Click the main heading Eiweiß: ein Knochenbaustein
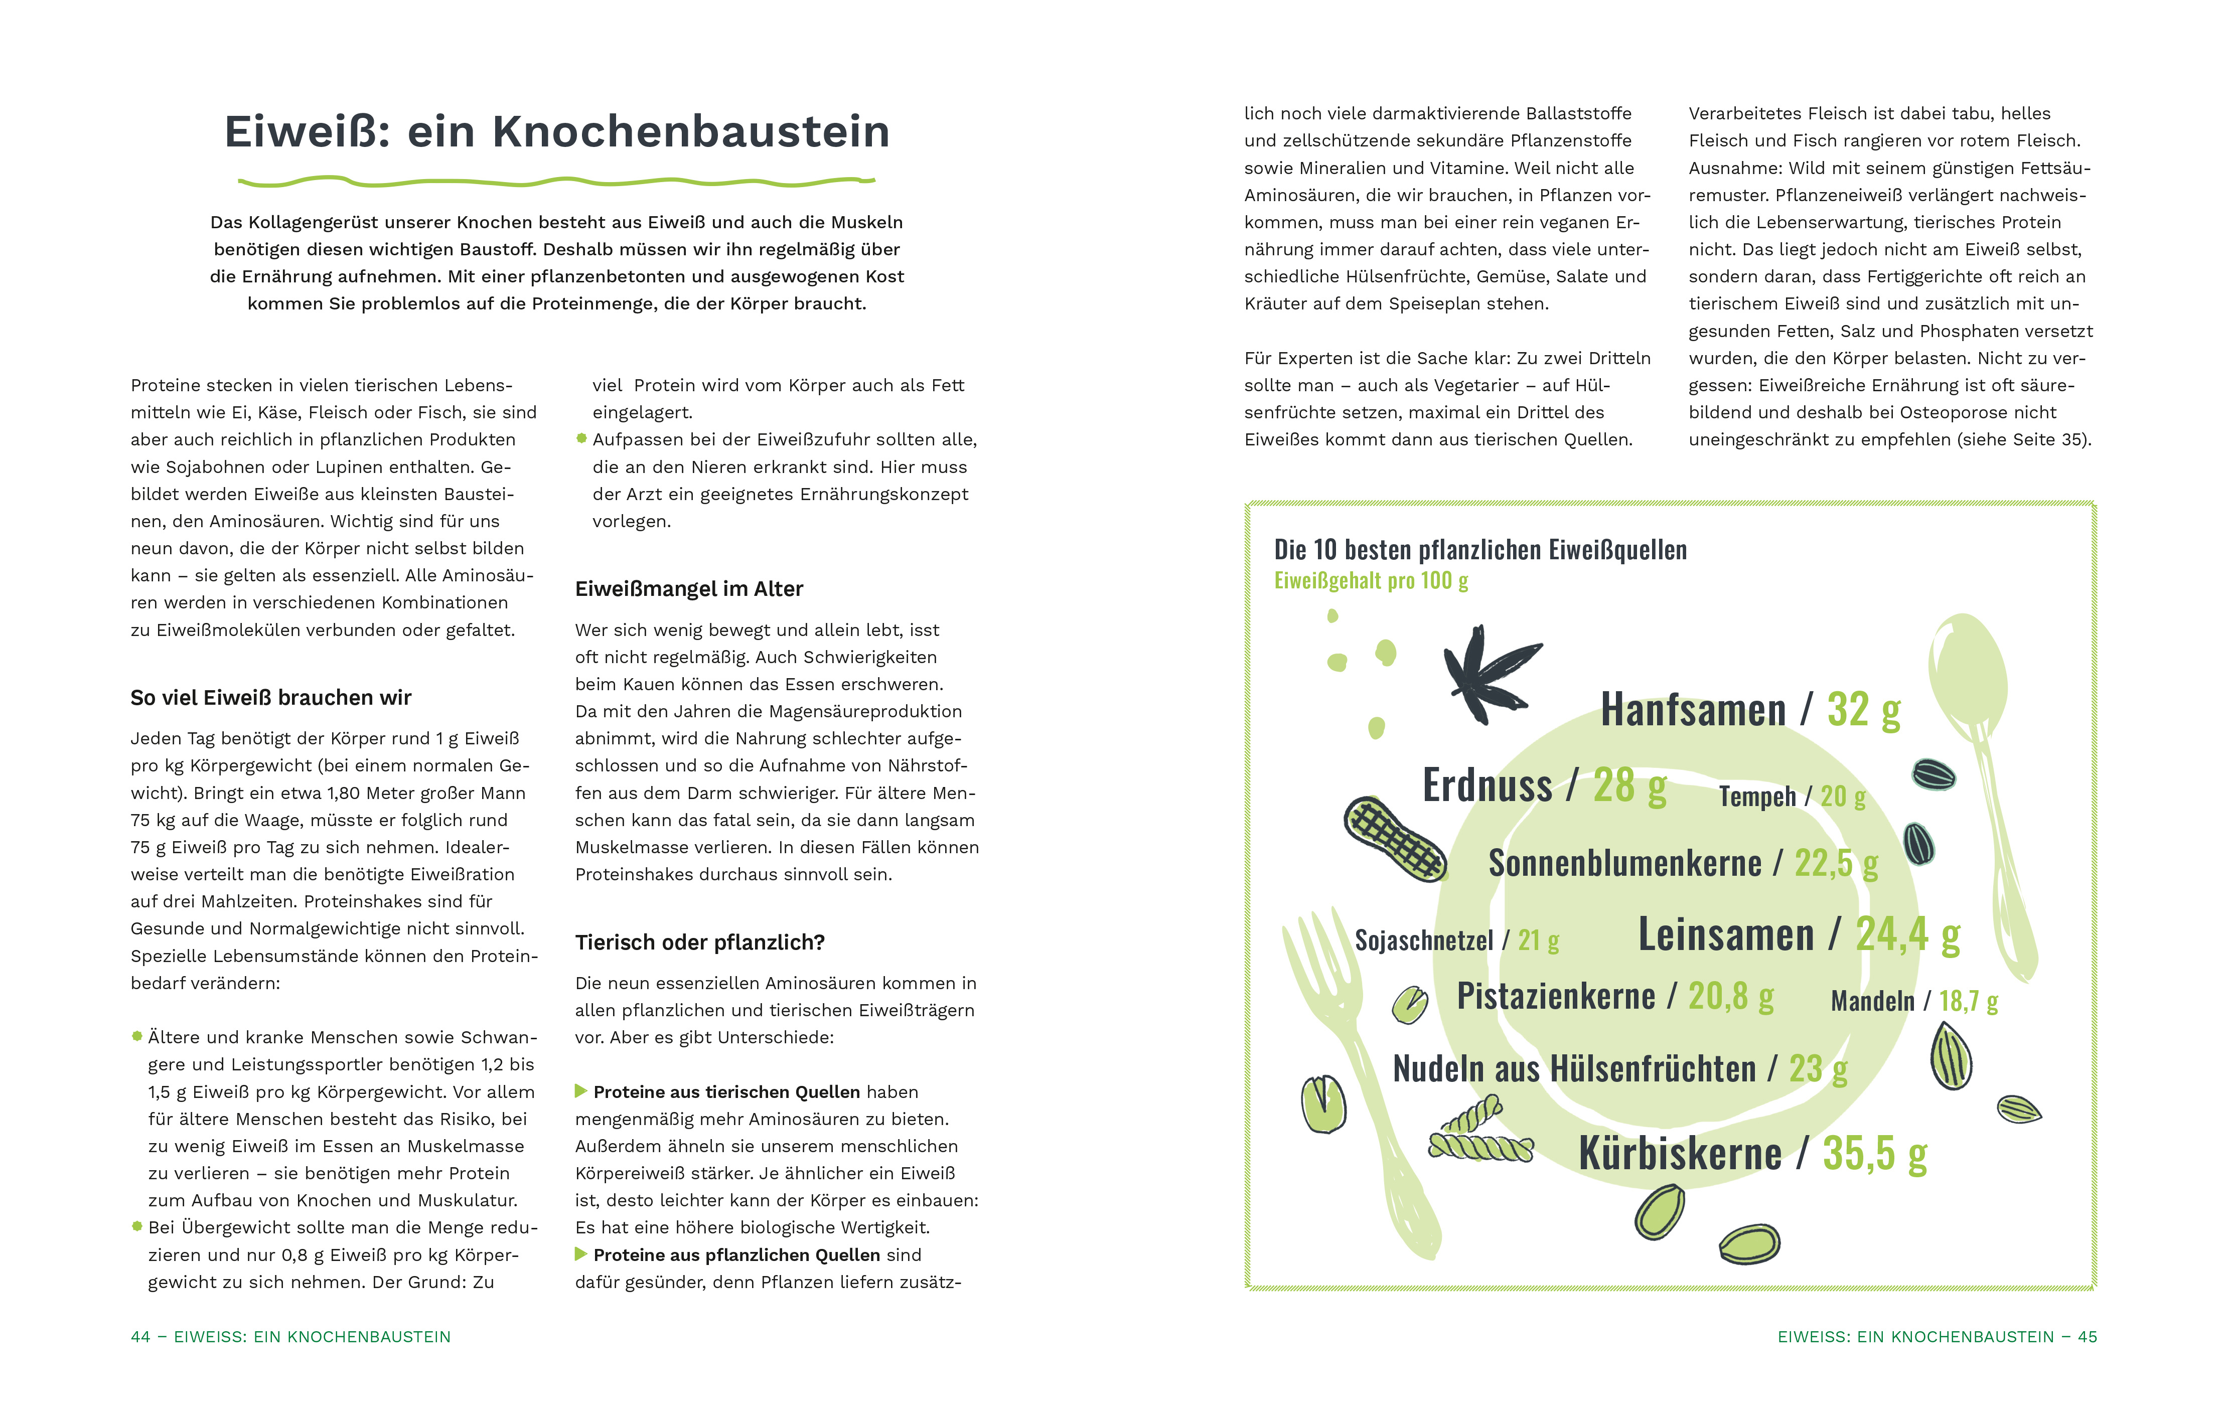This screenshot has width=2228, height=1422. tap(557, 131)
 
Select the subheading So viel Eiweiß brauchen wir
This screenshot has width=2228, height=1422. tap(270, 698)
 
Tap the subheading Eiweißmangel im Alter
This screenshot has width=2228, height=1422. tap(688, 589)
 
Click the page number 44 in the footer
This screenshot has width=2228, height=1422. tap(140, 1337)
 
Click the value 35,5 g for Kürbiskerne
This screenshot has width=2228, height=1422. tap(1874, 1154)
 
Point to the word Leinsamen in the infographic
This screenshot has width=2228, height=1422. tap(1726, 934)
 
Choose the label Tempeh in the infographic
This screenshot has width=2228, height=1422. tap(1756, 797)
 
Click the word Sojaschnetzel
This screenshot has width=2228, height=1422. tap(1423, 941)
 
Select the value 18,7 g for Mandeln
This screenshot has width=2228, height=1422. tap(1968, 1001)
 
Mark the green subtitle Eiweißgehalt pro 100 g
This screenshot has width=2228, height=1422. tap(1370, 581)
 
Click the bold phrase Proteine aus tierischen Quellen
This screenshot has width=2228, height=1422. tap(726, 1092)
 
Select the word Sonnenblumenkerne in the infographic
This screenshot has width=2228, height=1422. tap(1624, 863)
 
